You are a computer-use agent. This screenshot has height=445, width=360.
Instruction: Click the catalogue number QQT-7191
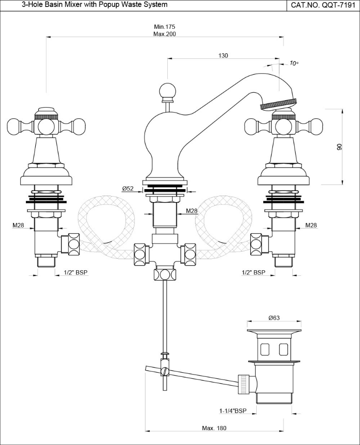[323, 5]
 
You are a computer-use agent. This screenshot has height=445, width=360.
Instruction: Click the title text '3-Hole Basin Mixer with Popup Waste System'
[88, 5]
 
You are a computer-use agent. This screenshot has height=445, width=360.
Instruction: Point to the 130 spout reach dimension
[223, 56]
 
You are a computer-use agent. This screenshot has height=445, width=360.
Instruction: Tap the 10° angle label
[294, 64]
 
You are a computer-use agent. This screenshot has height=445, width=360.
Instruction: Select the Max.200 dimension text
[164, 34]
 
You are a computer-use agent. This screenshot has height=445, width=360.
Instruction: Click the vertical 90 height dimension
[339, 147]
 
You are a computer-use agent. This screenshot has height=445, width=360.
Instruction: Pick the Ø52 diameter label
[128, 188]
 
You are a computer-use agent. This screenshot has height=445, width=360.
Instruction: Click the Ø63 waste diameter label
[273, 318]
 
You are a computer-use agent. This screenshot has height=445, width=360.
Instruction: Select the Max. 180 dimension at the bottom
[214, 428]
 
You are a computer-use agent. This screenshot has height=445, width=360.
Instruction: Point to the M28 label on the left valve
[19, 225]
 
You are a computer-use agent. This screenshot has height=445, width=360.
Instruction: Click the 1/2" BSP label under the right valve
[253, 273]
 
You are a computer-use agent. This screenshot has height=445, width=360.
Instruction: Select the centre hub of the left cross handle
[46, 125]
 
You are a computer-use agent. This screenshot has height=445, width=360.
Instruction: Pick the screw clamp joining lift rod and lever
[164, 371]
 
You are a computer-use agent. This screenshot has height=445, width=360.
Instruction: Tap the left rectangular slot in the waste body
[265, 348]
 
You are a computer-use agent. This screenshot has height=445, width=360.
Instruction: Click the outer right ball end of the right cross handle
[316, 125]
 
